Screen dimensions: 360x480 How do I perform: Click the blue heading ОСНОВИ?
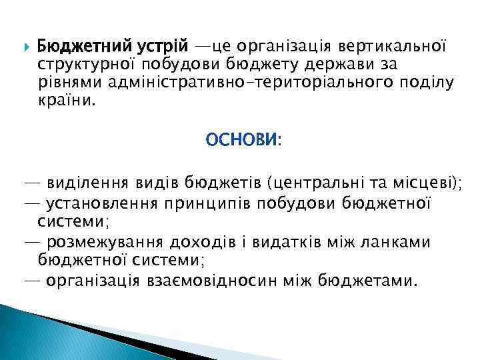[243, 141]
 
